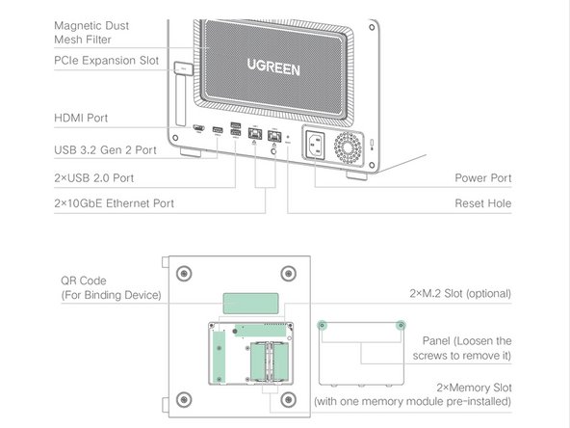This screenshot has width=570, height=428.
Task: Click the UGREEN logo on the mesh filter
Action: tap(273, 67)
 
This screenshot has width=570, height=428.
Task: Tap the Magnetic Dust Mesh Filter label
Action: tap(91, 33)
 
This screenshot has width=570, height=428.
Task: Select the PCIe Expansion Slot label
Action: tap(106, 61)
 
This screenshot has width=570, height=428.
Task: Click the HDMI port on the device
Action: tap(198, 128)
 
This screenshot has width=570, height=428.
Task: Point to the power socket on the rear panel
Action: tap(316, 145)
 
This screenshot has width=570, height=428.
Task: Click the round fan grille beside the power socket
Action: tap(348, 147)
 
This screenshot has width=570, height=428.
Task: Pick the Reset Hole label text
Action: tap(482, 203)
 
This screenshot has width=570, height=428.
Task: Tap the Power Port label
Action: tap(482, 178)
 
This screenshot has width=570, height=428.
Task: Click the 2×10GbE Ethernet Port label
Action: tap(114, 203)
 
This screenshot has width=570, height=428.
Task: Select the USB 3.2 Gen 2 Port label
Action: tap(105, 150)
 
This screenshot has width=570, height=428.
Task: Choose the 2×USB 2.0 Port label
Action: tap(93, 178)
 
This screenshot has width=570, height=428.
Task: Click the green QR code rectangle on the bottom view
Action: tap(251, 303)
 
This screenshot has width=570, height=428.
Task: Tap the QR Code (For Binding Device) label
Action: tap(111, 287)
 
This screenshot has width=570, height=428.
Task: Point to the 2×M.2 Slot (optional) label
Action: tap(460, 293)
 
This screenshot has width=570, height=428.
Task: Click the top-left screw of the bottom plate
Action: tap(184, 274)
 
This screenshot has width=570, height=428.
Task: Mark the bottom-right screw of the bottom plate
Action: tap(289, 400)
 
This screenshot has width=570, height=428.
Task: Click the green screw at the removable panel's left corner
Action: tap(322, 325)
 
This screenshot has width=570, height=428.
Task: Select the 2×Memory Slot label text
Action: tap(474, 388)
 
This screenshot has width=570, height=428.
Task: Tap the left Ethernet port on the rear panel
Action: tap(255, 134)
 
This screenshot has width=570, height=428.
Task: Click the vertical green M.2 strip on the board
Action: tap(219, 357)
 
